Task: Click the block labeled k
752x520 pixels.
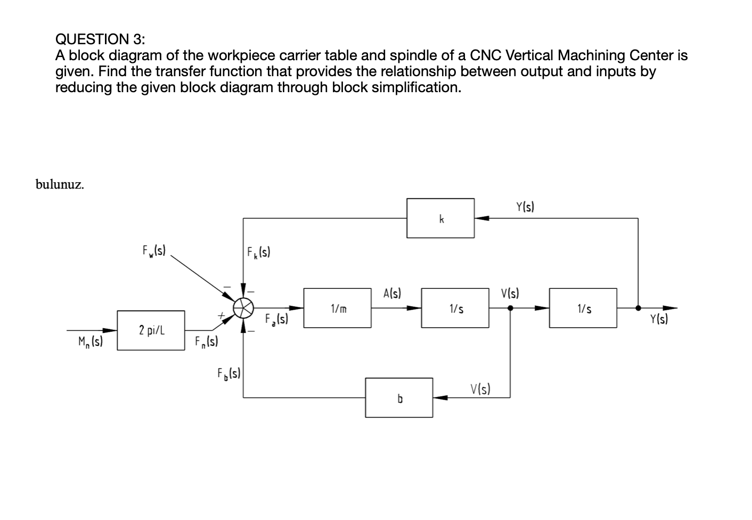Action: point(440,218)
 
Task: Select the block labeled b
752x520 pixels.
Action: point(399,397)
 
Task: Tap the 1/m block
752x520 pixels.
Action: point(337,308)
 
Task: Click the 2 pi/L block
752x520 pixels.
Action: point(151,330)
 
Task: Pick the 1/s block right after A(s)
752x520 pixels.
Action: point(455,308)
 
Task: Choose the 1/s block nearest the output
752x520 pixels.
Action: point(583,308)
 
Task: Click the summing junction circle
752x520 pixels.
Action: point(243,307)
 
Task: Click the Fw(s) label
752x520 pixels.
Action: point(154,250)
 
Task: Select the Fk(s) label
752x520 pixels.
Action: point(259,251)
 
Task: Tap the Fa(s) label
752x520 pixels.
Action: point(276,320)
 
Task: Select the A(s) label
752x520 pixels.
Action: point(392,293)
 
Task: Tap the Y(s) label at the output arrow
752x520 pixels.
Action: point(659,320)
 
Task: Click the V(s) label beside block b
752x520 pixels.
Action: point(480,389)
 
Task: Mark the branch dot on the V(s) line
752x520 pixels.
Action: point(510,308)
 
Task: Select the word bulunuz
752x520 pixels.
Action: point(60,184)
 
